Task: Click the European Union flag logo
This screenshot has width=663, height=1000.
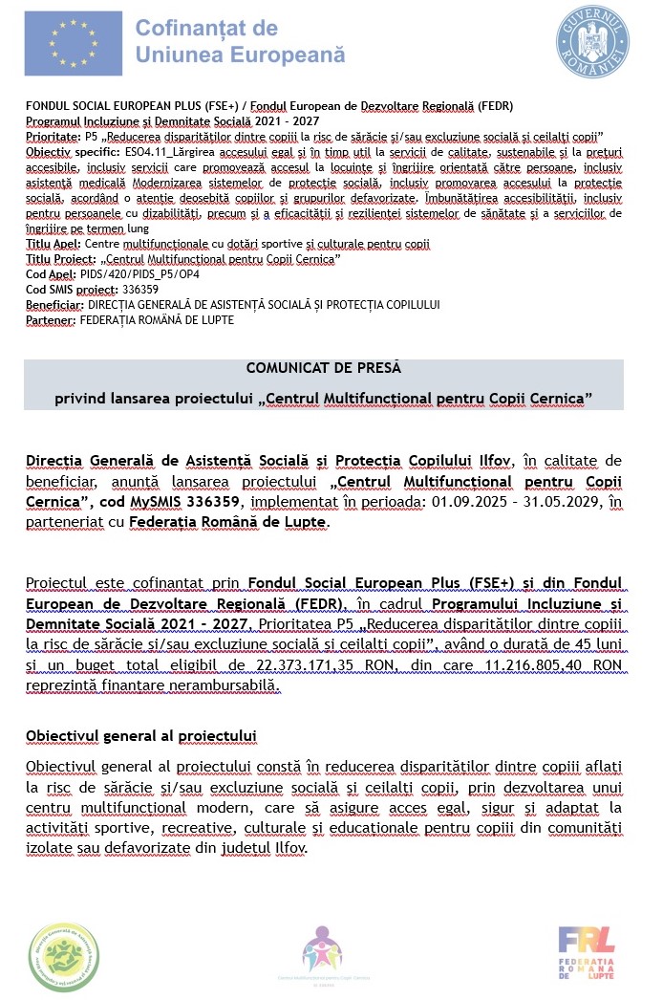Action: [x=73, y=43]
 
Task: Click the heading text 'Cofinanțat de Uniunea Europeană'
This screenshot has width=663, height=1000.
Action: [x=240, y=42]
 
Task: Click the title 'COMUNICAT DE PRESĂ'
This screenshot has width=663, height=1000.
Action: [x=323, y=367]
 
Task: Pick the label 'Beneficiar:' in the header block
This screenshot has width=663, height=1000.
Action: [x=53, y=304]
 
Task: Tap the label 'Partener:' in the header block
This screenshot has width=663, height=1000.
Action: [x=50, y=319]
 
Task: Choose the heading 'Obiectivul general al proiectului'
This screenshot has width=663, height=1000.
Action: [x=142, y=735]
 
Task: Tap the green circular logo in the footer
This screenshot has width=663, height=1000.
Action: [x=63, y=956]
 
